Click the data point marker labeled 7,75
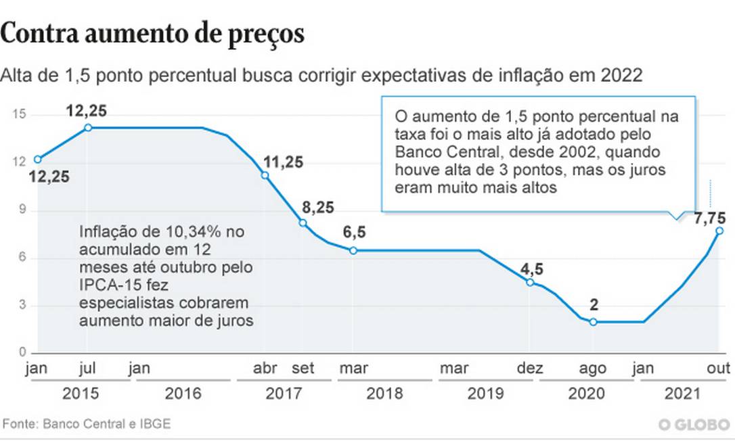(x=719, y=231)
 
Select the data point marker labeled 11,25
(x=265, y=175)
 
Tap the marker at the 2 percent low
(x=594, y=322)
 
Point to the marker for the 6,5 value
(x=353, y=250)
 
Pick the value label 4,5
(x=531, y=268)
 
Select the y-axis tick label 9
(x=22, y=210)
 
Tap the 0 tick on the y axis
(x=22, y=352)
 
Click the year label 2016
(x=183, y=394)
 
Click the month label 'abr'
(x=264, y=369)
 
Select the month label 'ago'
(x=594, y=369)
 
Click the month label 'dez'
(x=530, y=369)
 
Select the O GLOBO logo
(x=694, y=425)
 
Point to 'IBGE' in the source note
(x=154, y=424)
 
